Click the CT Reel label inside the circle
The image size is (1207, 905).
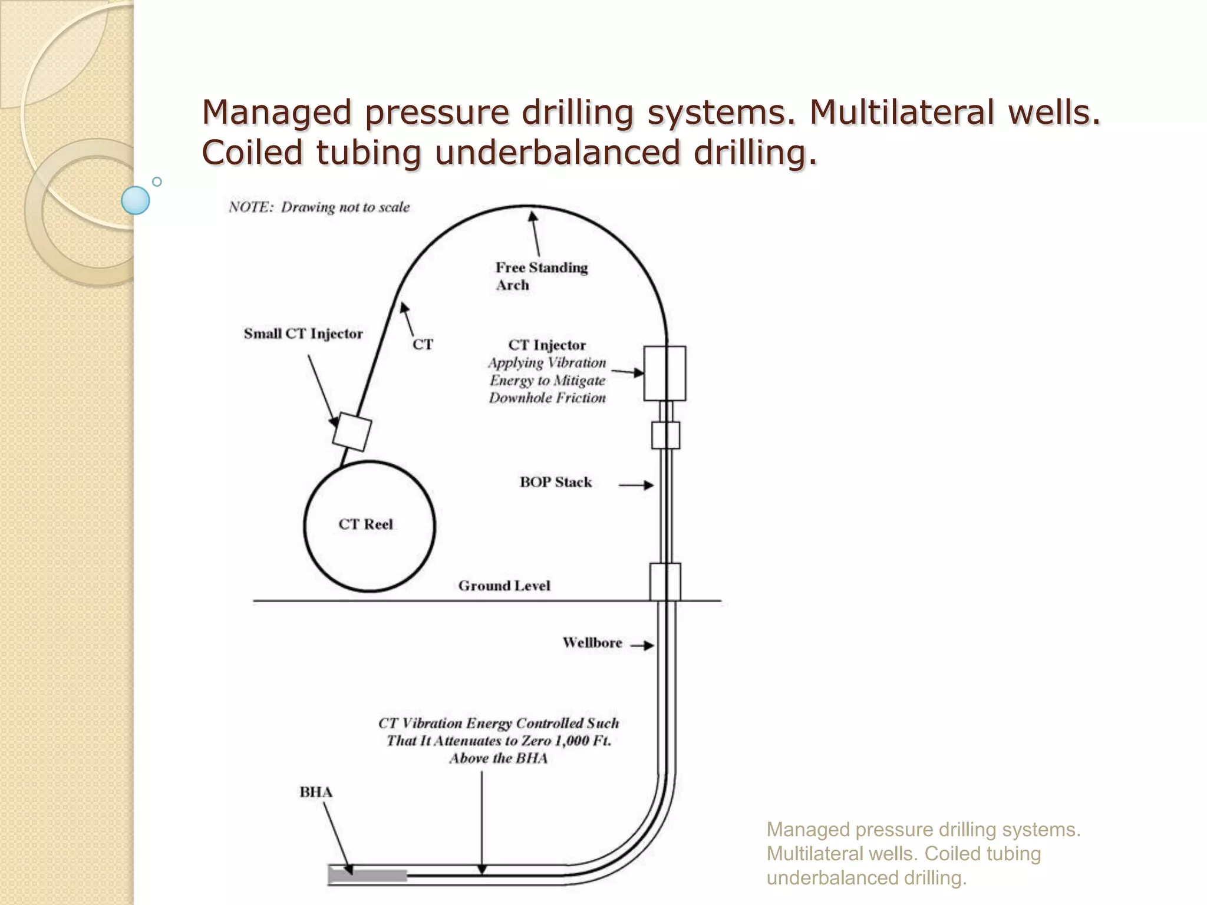pos(365,524)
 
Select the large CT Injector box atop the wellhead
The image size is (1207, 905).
pos(664,373)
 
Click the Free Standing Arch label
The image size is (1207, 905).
pos(541,276)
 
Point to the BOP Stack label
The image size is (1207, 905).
pos(555,483)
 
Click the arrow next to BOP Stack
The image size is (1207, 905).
pos(637,485)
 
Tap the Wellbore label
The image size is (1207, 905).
pos(592,643)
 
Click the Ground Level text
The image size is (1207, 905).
pos(504,586)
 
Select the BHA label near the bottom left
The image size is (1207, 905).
pos(316,792)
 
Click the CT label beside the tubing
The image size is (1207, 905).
pos(423,345)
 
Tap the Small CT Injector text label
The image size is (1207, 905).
pos(303,333)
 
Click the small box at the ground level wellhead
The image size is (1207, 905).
pos(665,582)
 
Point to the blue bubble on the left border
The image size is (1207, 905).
pos(136,200)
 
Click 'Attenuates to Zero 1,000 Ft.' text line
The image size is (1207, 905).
pos(499,741)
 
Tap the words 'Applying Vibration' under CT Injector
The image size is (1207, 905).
pos(547,363)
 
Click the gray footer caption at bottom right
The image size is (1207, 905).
pos(923,853)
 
